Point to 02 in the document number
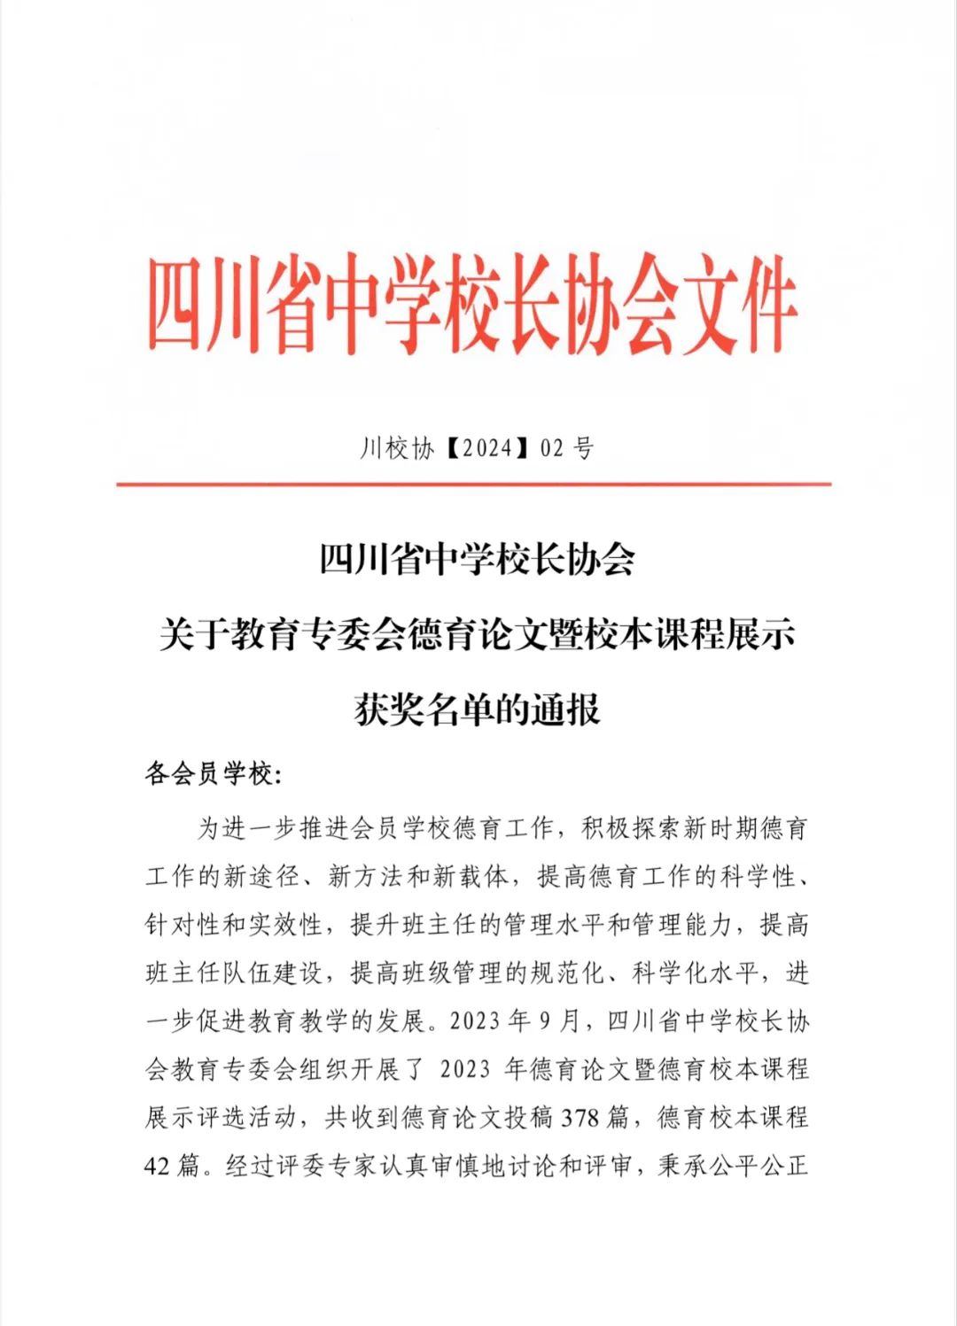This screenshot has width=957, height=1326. click(552, 449)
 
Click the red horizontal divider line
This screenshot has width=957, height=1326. click(473, 485)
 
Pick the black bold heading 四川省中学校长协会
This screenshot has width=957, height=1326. click(478, 560)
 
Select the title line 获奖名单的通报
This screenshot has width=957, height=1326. click(478, 710)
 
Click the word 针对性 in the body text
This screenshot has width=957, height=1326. click(183, 926)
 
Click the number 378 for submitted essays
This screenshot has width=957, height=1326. click(581, 1117)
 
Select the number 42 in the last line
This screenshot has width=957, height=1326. click(157, 1166)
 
